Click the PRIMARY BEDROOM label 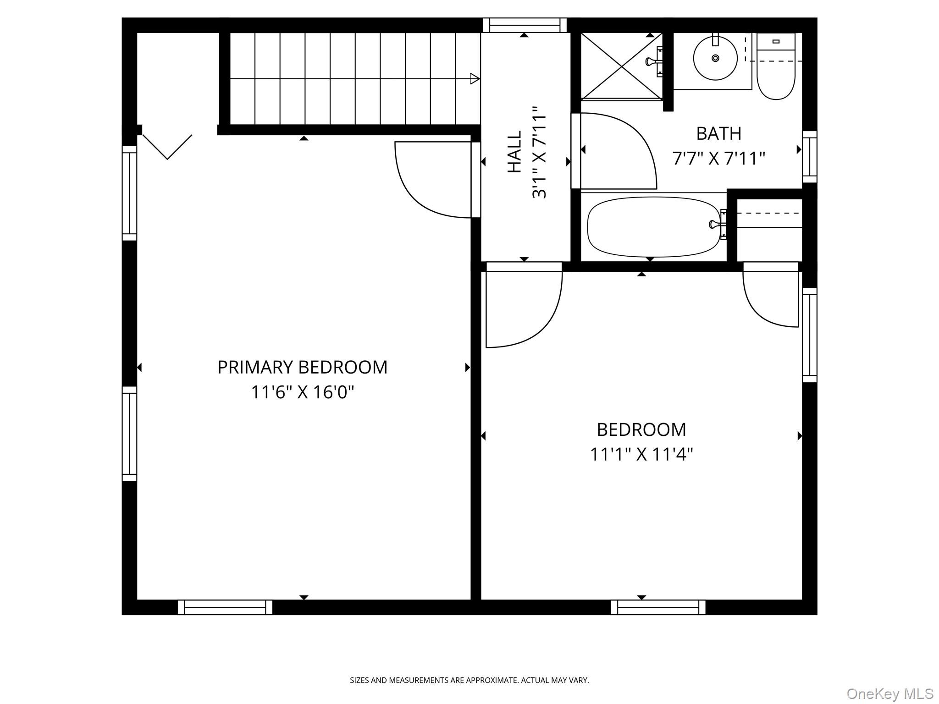pyautogui.click(x=302, y=367)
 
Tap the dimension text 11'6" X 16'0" pyautogui.click(x=303, y=392)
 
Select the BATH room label pyautogui.click(x=718, y=134)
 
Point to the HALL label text pyautogui.click(x=514, y=152)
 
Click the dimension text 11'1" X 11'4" pyautogui.click(x=641, y=455)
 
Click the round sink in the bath pyautogui.click(x=715, y=58)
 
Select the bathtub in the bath pyautogui.click(x=654, y=227)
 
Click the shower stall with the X pyautogui.click(x=621, y=66)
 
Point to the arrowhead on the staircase pyautogui.click(x=475, y=79)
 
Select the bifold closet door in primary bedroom pyautogui.click(x=167, y=147)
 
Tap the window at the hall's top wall pyautogui.click(x=525, y=25)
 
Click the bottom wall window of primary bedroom pyautogui.click(x=225, y=607)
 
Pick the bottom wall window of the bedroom pyautogui.click(x=657, y=607)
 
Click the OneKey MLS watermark pyautogui.click(x=889, y=693)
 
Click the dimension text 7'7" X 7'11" pyautogui.click(x=718, y=159)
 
